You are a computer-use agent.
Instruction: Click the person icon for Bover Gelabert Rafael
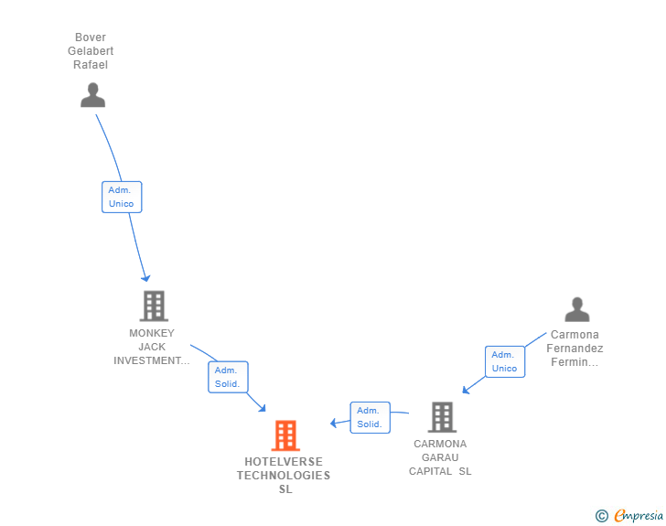(92, 94)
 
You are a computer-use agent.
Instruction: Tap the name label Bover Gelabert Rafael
(91, 51)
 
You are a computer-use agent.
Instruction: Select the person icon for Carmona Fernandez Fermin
(576, 310)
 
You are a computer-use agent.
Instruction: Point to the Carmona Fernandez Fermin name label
(575, 349)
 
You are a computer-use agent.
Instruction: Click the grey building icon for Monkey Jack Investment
(153, 306)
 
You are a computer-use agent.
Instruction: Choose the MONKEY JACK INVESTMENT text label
(152, 347)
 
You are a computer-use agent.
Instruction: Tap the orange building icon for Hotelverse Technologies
(285, 435)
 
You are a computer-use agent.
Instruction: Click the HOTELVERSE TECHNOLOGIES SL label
(284, 476)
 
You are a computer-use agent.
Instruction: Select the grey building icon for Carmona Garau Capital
(442, 417)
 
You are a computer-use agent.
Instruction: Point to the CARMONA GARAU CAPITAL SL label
(440, 457)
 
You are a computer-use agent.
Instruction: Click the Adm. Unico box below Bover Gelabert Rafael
(121, 197)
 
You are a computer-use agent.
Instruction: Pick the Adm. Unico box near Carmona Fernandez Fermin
(504, 361)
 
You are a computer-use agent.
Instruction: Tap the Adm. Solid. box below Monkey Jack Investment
(227, 377)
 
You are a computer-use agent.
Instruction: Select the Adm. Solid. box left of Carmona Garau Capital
(370, 417)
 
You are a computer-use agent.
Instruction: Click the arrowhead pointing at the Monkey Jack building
(145, 277)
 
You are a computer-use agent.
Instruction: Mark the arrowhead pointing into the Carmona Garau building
(466, 390)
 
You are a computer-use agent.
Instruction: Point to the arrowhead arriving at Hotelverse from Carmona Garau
(334, 423)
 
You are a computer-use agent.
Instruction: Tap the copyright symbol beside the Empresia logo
(601, 516)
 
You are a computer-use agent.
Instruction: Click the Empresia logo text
(639, 516)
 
